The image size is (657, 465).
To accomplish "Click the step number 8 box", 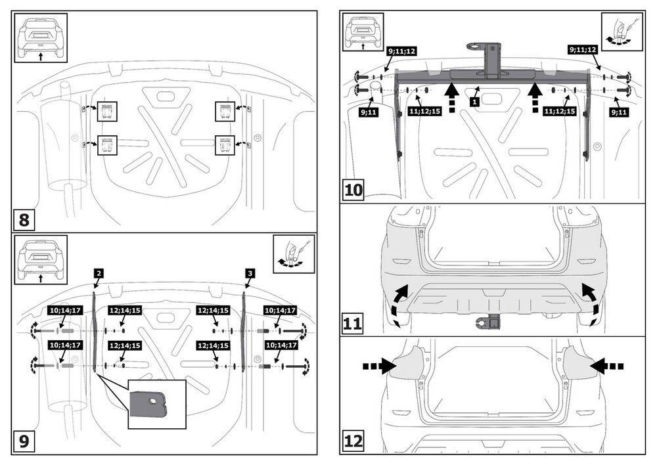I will (x=24, y=219).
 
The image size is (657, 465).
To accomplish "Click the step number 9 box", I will (x=24, y=441).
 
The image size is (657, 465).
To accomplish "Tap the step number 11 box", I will (x=353, y=324).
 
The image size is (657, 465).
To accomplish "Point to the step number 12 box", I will (x=353, y=439).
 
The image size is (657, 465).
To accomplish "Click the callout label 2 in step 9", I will (x=97, y=272).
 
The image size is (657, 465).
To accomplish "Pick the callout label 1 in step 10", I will (x=473, y=102).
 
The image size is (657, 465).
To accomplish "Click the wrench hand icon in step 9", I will (x=293, y=252).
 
